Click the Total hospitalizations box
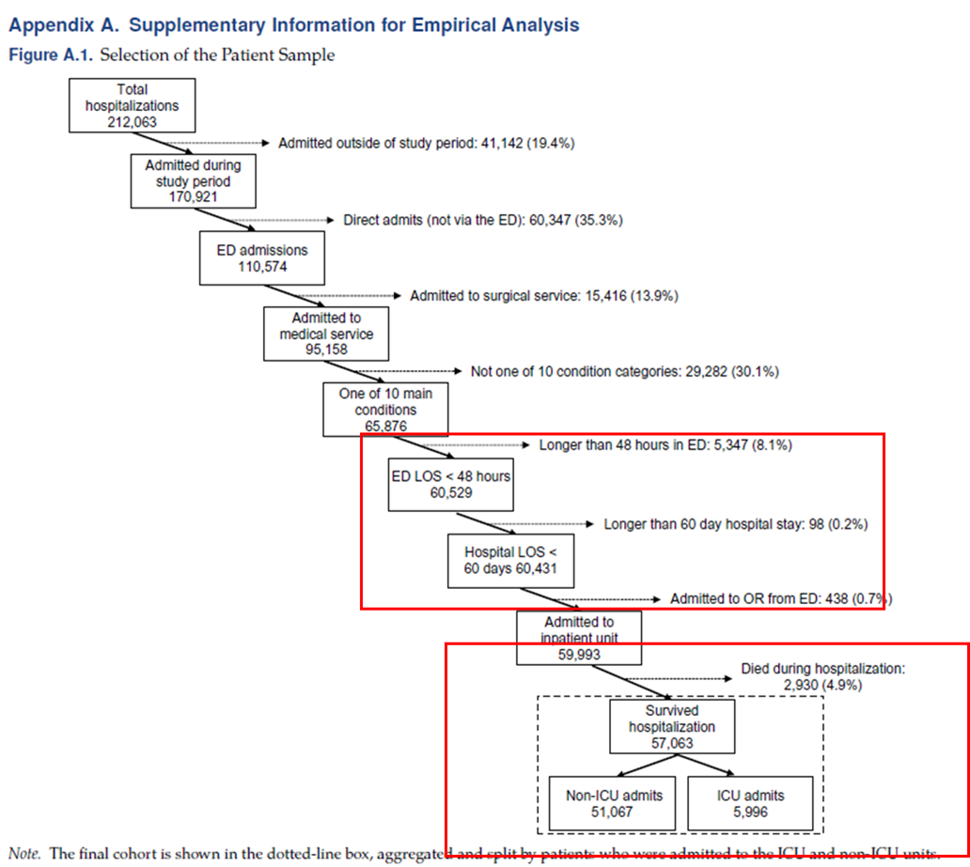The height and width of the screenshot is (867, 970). [x=133, y=106]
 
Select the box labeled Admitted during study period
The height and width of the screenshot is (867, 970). [x=193, y=180]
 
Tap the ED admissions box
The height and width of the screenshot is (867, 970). [x=262, y=258]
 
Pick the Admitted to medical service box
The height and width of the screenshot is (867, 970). [x=326, y=333]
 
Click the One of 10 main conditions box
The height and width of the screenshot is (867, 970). [x=385, y=409]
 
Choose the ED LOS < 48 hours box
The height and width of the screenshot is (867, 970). [x=451, y=484]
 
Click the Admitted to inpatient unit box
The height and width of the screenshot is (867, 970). [x=579, y=638]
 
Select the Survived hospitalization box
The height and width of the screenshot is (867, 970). [x=672, y=726]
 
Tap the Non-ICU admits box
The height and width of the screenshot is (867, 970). [x=614, y=803]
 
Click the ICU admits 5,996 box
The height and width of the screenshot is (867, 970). [x=749, y=803]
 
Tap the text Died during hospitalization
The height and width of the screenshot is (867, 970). [x=822, y=669]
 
